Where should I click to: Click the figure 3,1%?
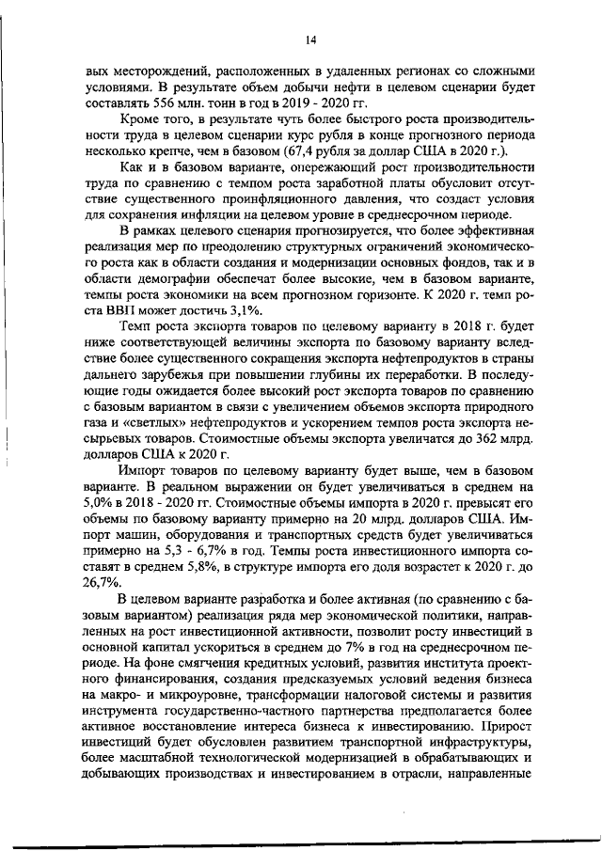tap(233, 310)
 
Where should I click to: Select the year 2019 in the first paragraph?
tap(295, 100)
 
